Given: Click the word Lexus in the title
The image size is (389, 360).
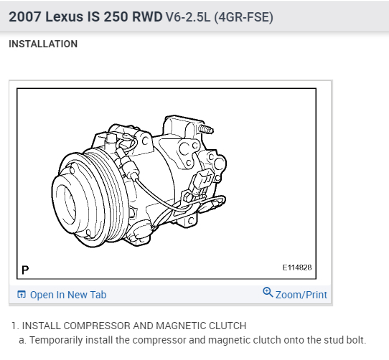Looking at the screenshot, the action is click(65, 17).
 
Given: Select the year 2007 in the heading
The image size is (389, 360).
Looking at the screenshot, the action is click(25, 17).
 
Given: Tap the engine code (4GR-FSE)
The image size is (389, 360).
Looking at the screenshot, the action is click(243, 17).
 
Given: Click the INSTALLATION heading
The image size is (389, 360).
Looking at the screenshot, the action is click(43, 44).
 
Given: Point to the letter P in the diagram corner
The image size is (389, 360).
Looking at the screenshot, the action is click(25, 270).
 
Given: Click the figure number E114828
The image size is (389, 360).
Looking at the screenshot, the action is click(297, 267).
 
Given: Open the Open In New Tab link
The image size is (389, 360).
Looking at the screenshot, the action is click(68, 295).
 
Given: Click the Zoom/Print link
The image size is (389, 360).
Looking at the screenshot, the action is click(301, 295).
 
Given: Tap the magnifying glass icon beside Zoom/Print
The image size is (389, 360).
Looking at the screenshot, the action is click(268, 293).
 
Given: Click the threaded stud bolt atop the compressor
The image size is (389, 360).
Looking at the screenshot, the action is click(206, 129).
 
